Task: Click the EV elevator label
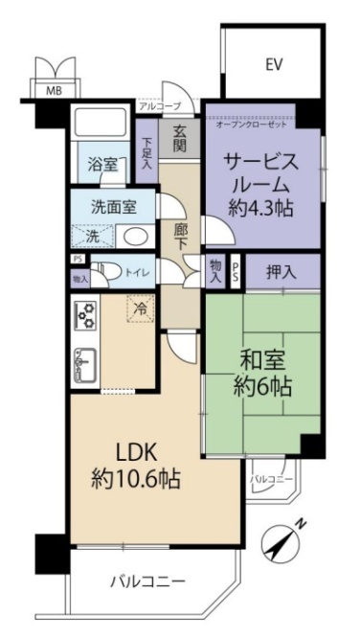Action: coord(274,65)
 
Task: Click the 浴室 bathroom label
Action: coord(103,165)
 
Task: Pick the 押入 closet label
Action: coord(281,272)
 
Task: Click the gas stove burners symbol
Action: coord(84,313)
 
